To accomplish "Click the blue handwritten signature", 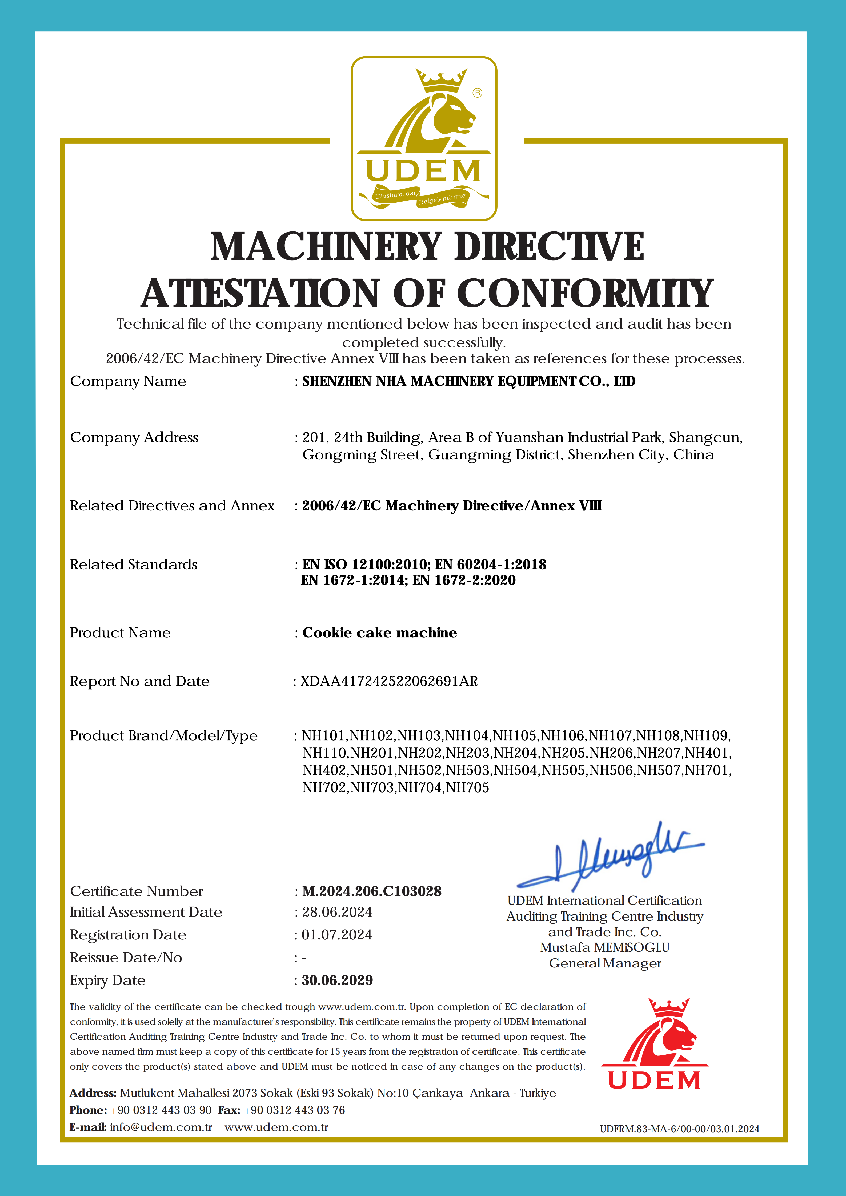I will tap(611, 857).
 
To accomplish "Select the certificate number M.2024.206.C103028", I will tap(371, 891).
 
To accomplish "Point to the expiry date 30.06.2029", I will tap(337, 980).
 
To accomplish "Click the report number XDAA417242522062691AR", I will tap(389, 681).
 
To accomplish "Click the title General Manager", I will tap(605, 963).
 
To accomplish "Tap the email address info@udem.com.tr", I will tap(161, 1127).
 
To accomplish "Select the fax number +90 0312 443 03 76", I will tap(294, 1110).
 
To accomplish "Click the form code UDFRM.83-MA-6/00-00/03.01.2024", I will tap(679, 1129).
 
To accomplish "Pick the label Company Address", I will tap(134, 438).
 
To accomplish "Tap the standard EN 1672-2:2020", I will tap(464, 580).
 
